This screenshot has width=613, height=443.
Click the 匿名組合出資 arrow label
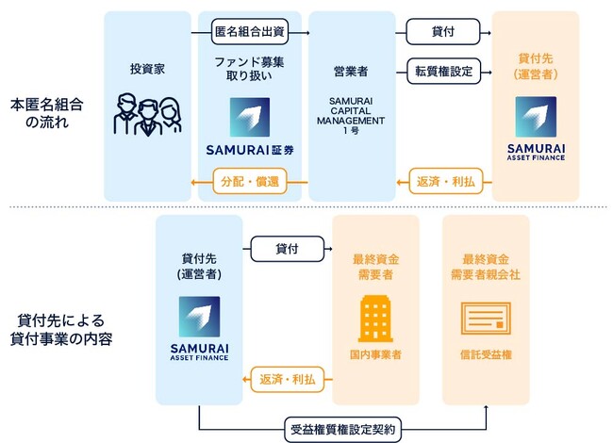[x=250, y=32]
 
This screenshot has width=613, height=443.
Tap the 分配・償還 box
[x=250, y=181]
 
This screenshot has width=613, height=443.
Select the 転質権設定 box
[x=443, y=70]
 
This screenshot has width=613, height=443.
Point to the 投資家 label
[x=147, y=70]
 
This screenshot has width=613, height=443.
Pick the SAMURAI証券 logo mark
[x=250, y=117]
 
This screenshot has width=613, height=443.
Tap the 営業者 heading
[x=351, y=70]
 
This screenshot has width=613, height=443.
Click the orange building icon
[x=375, y=316]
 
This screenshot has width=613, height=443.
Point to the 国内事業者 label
[x=375, y=355]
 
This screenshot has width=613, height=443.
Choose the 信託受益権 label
[x=486, y=355]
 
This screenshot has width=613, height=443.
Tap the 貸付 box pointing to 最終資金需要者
[x=286, y=249]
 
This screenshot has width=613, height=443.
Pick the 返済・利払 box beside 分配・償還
[x=444, y=181]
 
